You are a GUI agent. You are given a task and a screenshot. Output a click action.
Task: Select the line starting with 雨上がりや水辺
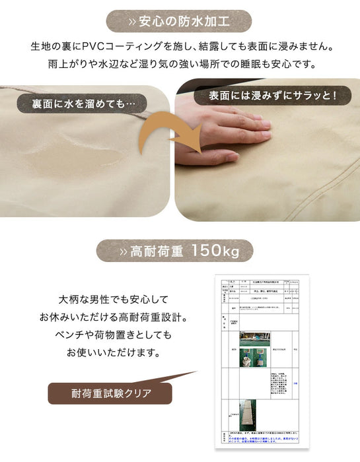[180, 65]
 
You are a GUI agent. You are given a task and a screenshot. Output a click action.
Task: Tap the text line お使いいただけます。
[114, 353]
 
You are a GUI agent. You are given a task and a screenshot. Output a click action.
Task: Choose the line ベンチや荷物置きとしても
[114, 335]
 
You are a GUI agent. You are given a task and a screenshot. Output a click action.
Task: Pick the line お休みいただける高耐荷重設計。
[114, 316]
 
